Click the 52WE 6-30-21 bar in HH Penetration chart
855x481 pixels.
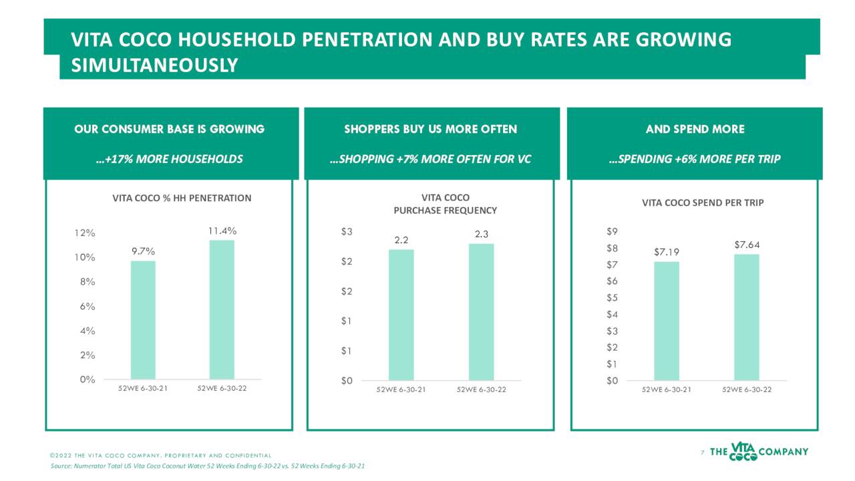coord(143,320)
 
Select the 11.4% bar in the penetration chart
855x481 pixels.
coord(222,310)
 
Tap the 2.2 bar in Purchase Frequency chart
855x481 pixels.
coord(401,315)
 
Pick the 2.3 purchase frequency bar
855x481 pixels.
coord(481,312)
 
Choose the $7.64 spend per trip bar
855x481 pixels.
coord(747,317)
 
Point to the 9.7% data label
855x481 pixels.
coord(143,251)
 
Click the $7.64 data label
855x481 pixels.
coord(747,245)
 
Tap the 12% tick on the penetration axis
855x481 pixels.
coord(85,233)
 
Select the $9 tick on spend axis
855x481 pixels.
coord(612,232)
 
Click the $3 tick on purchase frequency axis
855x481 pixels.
coord(347,232)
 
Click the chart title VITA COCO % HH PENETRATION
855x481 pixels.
coord(182,198)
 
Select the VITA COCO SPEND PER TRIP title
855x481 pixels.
coord(703,203)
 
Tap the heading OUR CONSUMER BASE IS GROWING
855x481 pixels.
coord(170,129)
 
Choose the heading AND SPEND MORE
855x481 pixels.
coord(695,129)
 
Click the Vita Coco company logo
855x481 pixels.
coord(759,452)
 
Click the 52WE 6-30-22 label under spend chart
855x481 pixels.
coord(747,390)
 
